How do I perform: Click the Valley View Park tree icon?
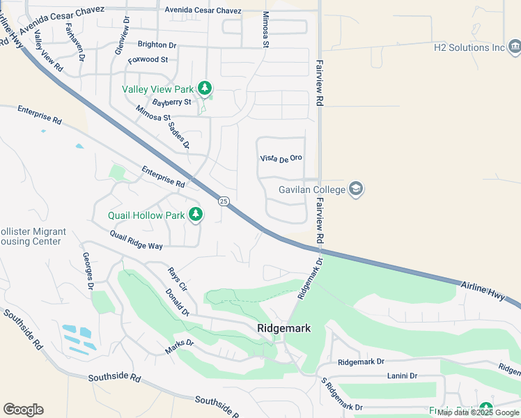[204, 88]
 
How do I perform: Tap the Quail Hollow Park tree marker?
[196, 215]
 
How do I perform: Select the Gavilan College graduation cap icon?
[356, 189]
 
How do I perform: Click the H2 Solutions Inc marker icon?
[515, 47]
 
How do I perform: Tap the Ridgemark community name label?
[283, 328]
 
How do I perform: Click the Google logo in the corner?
[23, 409]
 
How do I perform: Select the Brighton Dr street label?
[157, 45]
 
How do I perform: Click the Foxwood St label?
[148, 60]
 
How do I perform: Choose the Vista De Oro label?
[281, 158]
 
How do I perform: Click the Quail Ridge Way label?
[136, 240]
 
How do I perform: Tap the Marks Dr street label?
[179, 346]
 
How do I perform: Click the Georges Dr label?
[88, 271]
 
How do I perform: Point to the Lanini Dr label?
[402, 376]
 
